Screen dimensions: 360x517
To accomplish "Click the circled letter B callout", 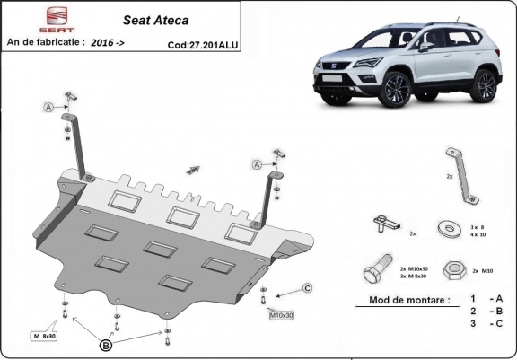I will coord(106,344).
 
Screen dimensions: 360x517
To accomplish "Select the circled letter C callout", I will coord(306,287).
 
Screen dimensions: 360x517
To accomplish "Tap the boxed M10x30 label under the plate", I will coord(282,315).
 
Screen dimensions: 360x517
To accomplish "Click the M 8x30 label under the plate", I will coord(43,336).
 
